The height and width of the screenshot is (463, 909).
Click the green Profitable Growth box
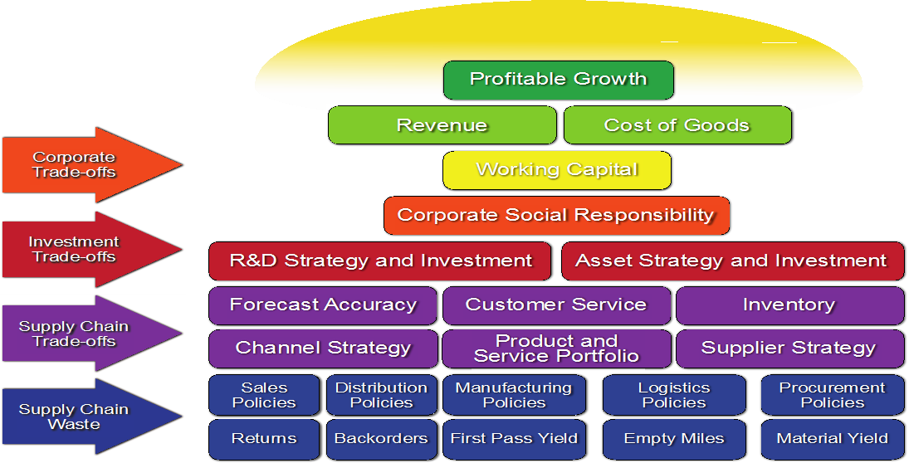(x=558, y=80)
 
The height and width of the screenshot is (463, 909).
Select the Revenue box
(x=442, y=125)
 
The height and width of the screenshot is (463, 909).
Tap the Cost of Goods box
(x=677, y=125)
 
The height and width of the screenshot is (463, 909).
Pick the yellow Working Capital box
(x=556, y=170)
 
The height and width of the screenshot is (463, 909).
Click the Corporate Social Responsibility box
(x=555, y=216)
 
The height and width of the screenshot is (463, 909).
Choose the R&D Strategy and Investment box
(x=380, y=261)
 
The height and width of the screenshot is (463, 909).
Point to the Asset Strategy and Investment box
(x=731, y=261)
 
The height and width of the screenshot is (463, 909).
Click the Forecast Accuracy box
(x=323, y=305)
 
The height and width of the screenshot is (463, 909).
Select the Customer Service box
(x=555, y=305)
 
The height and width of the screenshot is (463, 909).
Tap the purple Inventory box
(x=789, y=305)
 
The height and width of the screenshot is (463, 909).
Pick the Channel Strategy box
(x=323, y=348)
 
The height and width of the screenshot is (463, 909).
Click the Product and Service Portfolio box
(x=555, y=348)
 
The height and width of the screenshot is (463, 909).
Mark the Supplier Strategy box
(x=789, y=348)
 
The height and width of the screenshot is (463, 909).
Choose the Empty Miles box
(x=673, y=439)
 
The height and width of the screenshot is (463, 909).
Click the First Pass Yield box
(x=514, y=439)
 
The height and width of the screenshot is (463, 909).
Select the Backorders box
(x=381, y=439)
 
